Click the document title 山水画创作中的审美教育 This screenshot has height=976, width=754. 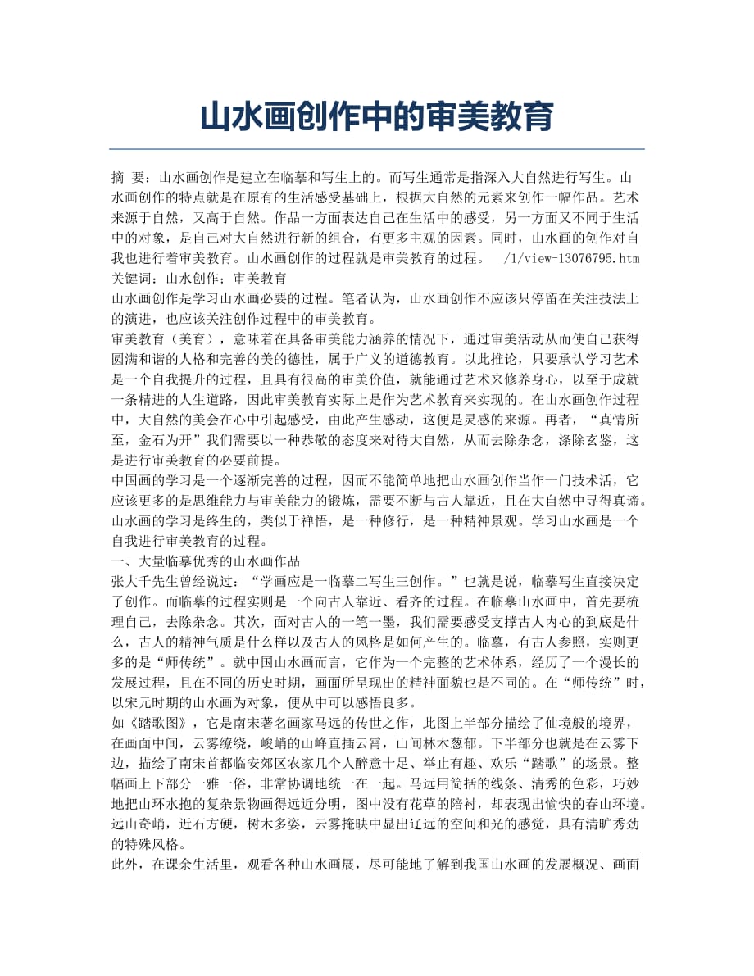(x=376, y=117)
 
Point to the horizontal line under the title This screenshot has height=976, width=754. (x=376, y=149)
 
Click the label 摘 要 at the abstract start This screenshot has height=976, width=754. (x=129, y=176)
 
